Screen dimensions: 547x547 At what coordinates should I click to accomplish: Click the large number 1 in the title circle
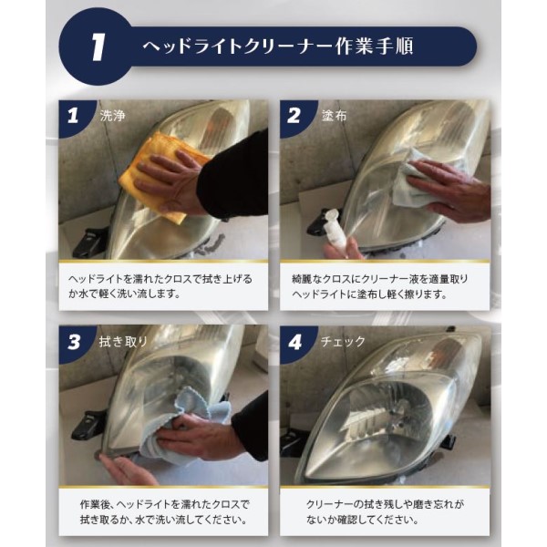click(98, 47)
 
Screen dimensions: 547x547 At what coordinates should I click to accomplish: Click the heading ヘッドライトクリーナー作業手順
click(278, 46)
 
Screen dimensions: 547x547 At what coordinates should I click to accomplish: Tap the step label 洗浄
click(112, 116)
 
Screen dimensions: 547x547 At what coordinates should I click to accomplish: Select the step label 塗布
click(334, 116)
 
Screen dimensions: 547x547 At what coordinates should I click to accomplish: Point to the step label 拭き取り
click(123, 342)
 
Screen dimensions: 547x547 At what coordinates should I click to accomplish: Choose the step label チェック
click(343, 342)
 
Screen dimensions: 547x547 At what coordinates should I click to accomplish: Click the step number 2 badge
click(294, 116)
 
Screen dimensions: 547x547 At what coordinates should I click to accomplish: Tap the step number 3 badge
click(74, 342)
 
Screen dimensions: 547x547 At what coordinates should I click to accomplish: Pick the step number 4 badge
click(294, 342)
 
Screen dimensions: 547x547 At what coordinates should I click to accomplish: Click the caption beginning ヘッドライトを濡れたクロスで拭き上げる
click(160, 286)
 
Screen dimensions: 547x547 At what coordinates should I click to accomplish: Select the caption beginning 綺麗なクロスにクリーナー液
click(379, 287)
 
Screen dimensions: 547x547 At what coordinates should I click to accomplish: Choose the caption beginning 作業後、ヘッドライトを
click(164, 512)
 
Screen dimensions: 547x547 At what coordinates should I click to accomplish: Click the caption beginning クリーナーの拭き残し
click(385, 512)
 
